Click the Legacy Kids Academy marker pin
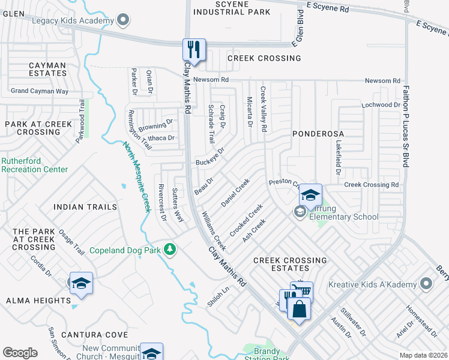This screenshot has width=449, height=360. coord(124,21)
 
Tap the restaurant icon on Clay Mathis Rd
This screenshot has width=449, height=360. coord(194,49)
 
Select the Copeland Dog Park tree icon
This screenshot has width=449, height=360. coord(170,249)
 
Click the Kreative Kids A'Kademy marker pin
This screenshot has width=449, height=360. coord(426,282)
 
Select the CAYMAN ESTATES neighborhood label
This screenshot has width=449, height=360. coord(39,69)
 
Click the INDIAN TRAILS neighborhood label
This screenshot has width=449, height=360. coord(85,207)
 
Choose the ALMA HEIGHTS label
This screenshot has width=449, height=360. coord(38,301)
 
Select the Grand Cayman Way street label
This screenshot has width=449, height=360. coord(40,92)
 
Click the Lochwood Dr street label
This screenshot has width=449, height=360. coord(380,105)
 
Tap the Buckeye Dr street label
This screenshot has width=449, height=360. coord(210,157)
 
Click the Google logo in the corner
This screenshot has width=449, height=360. coord(20,353)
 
